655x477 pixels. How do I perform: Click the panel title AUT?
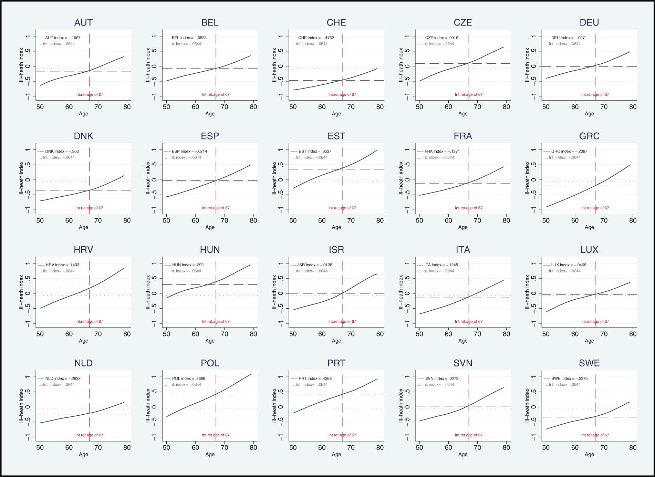tap(83, 23)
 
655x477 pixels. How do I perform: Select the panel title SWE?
tap(589, 363)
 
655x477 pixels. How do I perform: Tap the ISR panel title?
tap(336, 250)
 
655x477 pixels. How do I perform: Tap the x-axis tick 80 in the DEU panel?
tap(633, 107)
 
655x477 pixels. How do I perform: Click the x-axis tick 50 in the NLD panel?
tap(40, 448)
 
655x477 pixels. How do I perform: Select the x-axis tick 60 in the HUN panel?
tap(196, 334)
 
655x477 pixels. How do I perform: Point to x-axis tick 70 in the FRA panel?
tap(477, 220)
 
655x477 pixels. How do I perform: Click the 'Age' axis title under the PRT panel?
tap(336, 454)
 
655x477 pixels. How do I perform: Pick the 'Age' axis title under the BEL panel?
tap(210, 114)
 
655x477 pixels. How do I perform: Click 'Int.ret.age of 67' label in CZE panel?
tap(468, 94)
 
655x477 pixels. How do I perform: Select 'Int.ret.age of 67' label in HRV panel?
tap(89, 322)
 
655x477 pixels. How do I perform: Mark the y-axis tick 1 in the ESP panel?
tap(154, 150)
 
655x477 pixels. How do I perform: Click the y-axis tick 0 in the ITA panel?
tap(407, 293)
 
